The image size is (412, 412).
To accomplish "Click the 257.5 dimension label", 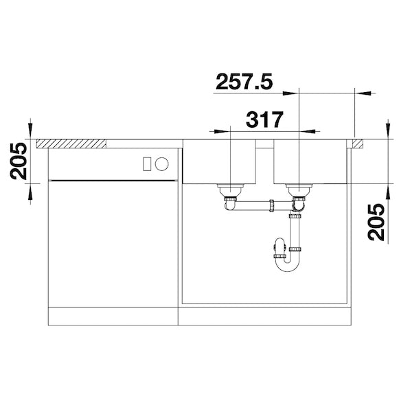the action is click(244, 82).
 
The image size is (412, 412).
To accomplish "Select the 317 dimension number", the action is click(264, 119).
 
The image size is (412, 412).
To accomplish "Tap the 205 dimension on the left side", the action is click(19, 161).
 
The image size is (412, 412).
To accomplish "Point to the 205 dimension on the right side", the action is click(376, 222).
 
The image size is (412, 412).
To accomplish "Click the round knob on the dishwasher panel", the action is click(161, 163).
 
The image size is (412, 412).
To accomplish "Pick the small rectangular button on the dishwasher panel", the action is click(147, 164).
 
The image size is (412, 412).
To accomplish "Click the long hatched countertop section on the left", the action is click(71, 144).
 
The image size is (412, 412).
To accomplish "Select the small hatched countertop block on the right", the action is click(358, 144).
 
